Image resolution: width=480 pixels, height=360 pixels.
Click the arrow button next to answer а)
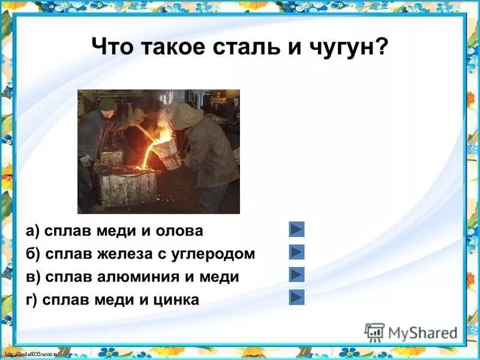tap(297, 229)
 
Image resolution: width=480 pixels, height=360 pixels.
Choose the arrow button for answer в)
tap(297, 275)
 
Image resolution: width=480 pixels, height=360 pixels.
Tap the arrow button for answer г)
tap(297, 298)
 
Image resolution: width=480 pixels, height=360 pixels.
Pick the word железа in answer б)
tap(127, 254)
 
